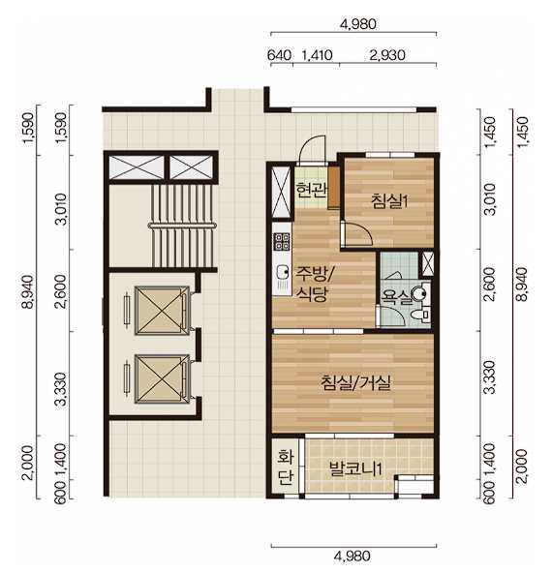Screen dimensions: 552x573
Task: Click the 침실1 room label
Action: coord(389,201)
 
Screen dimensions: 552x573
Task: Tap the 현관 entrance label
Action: coord(311,191)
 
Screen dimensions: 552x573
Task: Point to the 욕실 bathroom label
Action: coord(395,297)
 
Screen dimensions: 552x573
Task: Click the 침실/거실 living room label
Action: coord(355,382)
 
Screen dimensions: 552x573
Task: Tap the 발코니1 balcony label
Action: coord(355,468)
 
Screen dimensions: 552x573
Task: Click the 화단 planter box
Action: coord(286,467)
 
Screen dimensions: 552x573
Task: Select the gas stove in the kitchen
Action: coord(282,242)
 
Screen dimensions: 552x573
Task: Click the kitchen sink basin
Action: coord(282,272)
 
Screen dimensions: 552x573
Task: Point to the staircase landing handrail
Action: coord(181,226)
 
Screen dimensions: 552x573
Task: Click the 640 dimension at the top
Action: coord(279,55)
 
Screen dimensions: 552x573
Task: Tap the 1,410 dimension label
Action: coord(317,55)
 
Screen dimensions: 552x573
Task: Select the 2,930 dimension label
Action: coord(387,55)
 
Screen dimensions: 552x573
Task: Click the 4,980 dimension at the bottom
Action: coord(353,557)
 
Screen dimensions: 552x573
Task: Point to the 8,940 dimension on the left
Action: coord(28,293)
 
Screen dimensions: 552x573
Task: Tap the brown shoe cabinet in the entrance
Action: coord(333,188)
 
